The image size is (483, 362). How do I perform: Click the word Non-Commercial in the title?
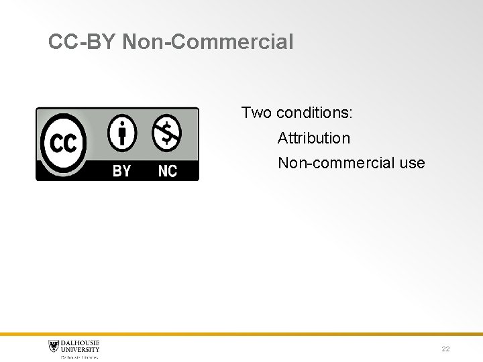209,42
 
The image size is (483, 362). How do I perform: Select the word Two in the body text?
256,113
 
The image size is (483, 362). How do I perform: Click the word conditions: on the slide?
315,113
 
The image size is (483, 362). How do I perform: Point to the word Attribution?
314,138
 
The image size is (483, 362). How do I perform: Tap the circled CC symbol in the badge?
63,143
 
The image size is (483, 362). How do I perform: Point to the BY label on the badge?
122,171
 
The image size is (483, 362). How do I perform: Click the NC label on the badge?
167,171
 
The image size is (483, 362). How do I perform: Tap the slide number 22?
445,349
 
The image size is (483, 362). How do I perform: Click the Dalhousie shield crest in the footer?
54,346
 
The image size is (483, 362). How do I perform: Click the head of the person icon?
122,122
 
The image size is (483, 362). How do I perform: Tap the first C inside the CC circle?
56,143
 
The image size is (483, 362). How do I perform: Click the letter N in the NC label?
162,171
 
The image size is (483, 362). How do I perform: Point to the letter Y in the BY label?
127,171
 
